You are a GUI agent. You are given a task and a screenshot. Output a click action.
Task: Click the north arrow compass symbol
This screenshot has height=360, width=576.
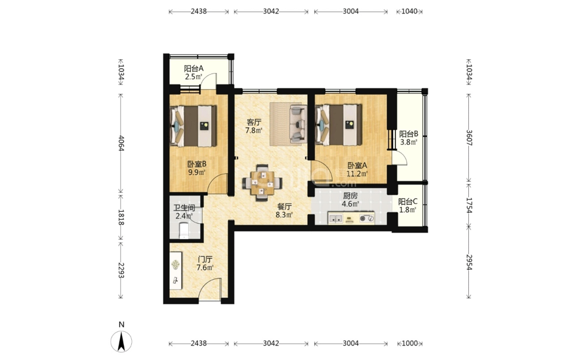[122, 341]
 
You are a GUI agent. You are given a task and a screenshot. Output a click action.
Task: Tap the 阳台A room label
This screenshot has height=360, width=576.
[193, 69]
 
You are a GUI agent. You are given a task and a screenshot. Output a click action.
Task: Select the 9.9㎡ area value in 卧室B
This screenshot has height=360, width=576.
[196, 172]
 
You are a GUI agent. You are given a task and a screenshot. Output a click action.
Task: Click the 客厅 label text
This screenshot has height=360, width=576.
[254, 122]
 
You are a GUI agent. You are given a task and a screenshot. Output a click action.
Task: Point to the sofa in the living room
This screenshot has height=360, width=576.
[298, 124]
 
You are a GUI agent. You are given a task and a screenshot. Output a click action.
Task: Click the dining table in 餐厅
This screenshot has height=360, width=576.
[263, 182]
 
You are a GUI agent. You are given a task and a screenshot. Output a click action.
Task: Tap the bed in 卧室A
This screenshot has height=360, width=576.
[339, 125]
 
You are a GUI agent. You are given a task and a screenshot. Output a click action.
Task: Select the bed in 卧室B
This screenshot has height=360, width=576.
[193, 126]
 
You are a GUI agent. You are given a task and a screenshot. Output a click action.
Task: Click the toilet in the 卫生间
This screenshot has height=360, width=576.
[183, 230]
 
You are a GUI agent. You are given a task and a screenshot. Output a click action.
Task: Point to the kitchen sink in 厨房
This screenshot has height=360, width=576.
[335, 219]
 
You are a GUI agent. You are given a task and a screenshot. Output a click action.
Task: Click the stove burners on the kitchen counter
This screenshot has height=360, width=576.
[367, 219]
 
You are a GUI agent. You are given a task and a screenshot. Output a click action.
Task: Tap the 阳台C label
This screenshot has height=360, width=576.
[408, 202]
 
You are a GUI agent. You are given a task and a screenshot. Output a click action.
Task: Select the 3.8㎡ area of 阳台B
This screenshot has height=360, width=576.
[408, 142]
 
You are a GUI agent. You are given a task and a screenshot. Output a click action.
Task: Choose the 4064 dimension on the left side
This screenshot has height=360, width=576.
[122, 143]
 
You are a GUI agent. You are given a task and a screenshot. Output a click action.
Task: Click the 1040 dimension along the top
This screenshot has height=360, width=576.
[409, 11]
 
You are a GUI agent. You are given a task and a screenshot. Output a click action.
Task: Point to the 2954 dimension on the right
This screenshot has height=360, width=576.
[469, 262]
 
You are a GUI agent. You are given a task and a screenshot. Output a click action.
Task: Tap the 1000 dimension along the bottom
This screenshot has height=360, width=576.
[410, 344]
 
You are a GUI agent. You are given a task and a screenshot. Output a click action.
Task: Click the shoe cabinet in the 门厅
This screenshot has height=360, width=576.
[176, 270]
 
